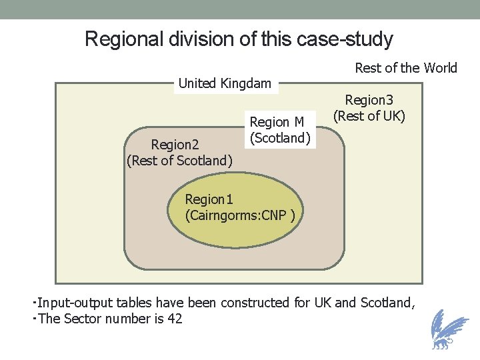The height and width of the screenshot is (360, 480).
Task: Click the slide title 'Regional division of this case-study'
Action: pos(239,39)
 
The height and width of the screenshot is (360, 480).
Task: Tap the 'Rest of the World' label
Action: pos(405,67)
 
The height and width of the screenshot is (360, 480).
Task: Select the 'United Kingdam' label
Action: pos(225,83)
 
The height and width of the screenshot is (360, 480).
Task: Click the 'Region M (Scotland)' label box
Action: pos(280,130)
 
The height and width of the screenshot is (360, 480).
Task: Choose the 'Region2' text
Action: pos(175,145)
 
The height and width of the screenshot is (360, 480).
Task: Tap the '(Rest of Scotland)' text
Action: pos(179,160)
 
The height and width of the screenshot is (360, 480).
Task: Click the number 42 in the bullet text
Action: pos(175,319)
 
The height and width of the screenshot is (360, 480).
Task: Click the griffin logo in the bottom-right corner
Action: pos(445,330)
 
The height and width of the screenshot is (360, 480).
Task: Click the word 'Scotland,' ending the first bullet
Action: pos(387,303)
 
